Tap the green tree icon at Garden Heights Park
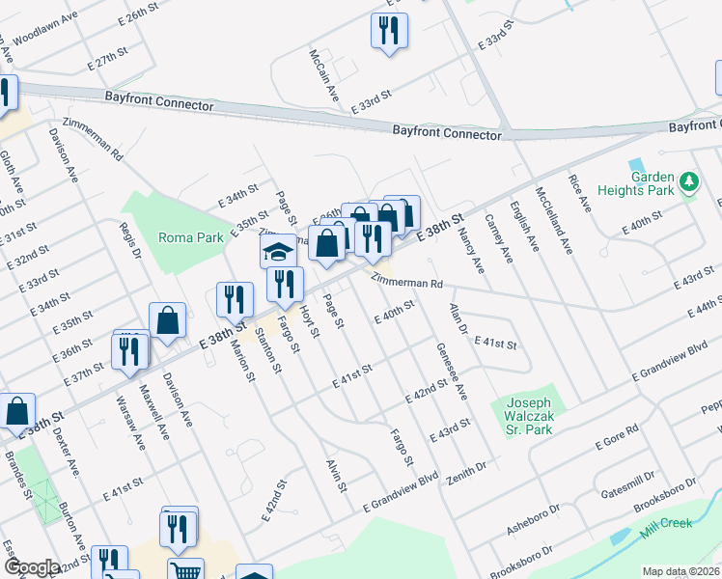click(688, 182)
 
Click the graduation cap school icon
click(278, 253)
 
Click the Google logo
click(31, 568)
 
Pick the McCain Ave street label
click(325, 76)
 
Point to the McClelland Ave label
click(554, 221)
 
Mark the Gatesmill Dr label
click(626, 481)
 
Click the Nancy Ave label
click(470, 242)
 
